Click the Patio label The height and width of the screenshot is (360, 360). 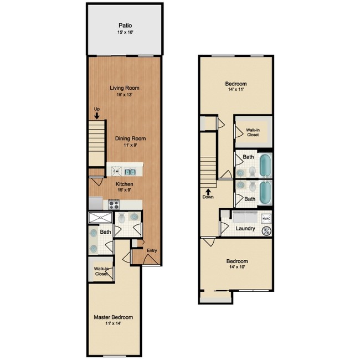(125, 25)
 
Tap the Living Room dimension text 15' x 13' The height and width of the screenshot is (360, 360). (124, 95)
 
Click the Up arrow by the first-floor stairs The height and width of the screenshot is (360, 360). (97, 115)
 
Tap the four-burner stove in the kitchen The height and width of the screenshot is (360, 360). (114, 204)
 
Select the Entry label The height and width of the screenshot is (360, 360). (152, 250)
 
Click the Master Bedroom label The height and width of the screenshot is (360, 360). (113, 317)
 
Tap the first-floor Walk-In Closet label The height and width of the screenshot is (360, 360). (101, 271)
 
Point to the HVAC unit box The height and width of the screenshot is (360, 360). (266, 218)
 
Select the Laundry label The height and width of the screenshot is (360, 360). (245, 228)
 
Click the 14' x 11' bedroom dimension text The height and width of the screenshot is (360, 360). (236, 89)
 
